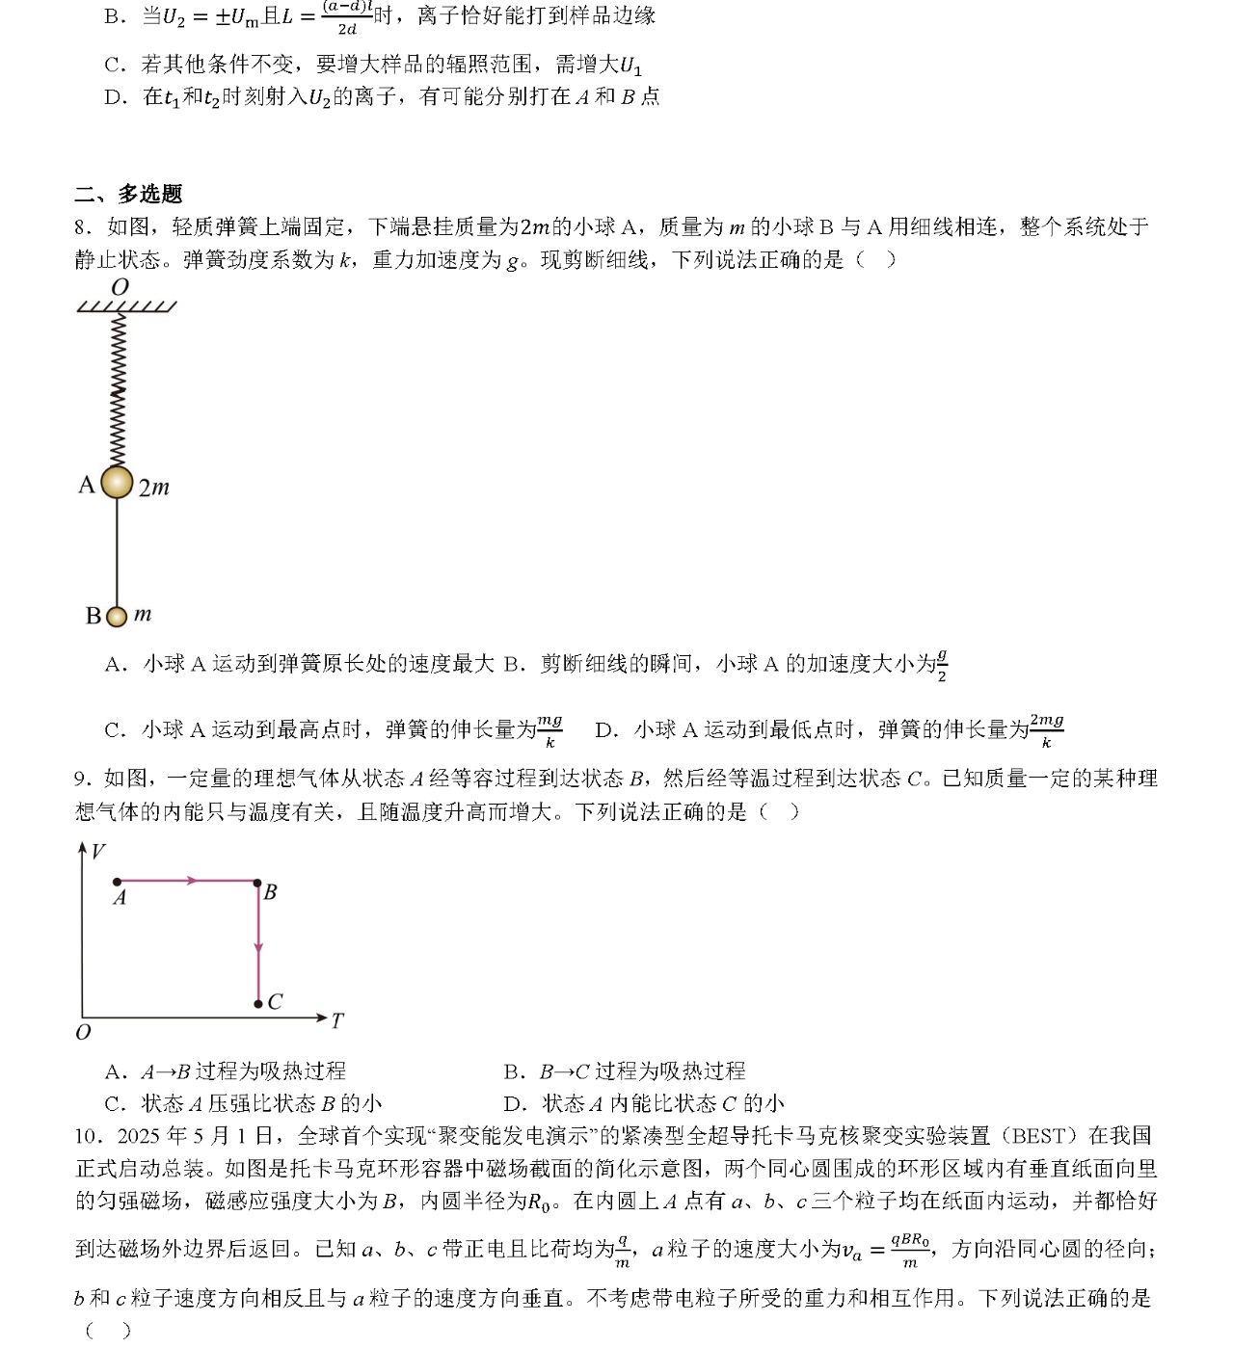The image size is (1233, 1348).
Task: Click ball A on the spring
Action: pyautogui.click(x=117, y=482)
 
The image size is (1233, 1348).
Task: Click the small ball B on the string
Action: pyautogui.click(x=117, y=616)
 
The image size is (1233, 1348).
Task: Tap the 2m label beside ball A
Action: pyautogui.click(x=154, y=488)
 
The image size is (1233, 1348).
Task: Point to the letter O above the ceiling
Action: pyautogui.click(x=121, y=286)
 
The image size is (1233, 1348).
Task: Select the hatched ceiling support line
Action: pyautogui.click(x=126, y=306)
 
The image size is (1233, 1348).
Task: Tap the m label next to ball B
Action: pyautogui.click(x=143, y=614)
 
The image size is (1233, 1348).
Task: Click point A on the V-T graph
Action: pyautogui.click(x=117, y=882)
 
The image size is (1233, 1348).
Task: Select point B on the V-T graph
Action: pyautogui.click(x=257, y=882)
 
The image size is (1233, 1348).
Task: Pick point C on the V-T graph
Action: pyautogui.click(x=258, y=1004)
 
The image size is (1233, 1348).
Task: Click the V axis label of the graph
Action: pyautogui.click(x=97, y=851)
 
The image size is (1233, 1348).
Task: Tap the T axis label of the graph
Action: pyautogui.click(x=336, y=1020)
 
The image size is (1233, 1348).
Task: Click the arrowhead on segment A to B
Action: pyautogui.click(x=192, y=881)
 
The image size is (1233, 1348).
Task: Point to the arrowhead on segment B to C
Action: pyautogui.click(x=258, y=948)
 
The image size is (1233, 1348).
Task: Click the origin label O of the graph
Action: pyautogui.click(x=83, y=1033)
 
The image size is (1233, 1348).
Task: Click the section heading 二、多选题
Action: pyautogui.click(x=128, y=194)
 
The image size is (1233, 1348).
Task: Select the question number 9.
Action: pyautogui.click(x=83, y=779)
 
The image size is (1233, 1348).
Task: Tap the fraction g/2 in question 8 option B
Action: pyautogui.click(x=942, y=665)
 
